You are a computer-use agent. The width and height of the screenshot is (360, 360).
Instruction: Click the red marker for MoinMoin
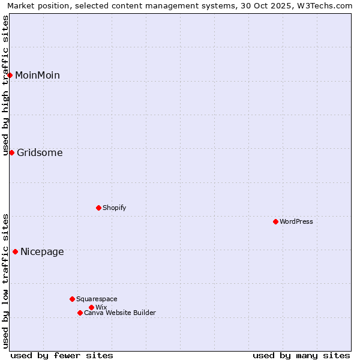coord(10,75)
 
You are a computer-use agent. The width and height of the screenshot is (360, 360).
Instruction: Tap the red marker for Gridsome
coord(11,152)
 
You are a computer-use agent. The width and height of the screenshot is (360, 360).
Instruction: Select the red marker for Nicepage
coord(15,251)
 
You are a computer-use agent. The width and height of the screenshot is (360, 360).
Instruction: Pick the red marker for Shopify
coord(98,208)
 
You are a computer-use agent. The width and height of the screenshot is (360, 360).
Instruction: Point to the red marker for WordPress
coord(275,221)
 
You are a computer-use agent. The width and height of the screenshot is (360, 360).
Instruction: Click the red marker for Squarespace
coord(72,299)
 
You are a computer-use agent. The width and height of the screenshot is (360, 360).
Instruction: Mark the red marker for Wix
coord(91,307)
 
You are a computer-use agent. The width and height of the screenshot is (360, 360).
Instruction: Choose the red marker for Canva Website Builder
coord(80,313)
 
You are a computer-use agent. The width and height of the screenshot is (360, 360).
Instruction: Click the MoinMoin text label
coord(37,75)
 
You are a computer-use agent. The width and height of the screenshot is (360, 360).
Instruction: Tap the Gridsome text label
coord(40,152)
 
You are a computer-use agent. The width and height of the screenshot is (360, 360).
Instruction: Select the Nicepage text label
coord(42,251)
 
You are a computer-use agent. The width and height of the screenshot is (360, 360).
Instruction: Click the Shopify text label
coord(114,208)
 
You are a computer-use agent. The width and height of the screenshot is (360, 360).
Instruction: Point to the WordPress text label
coord(296,221)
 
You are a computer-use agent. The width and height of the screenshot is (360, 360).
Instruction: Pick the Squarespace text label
coord(97,299)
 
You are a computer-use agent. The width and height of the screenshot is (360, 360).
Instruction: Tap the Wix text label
coord(101,307)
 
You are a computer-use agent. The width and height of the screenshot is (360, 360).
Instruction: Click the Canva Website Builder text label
coord(120,313)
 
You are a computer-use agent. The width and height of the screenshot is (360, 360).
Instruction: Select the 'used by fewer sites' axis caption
coord(62,355)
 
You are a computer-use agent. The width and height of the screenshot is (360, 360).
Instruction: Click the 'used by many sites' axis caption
coord(301,355)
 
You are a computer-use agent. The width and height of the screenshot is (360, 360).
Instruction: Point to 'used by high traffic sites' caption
coord(5,85)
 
